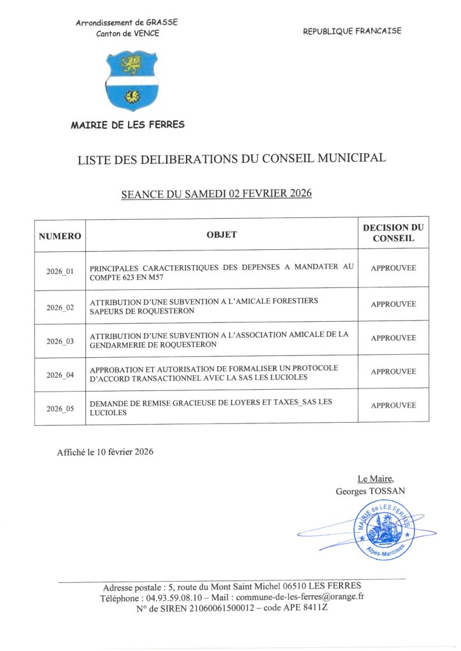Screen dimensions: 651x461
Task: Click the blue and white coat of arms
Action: click(x=131, y=81)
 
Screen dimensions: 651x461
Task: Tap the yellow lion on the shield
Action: click(x=131, y=64)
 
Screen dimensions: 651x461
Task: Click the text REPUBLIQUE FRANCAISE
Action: click(x=352, y=31)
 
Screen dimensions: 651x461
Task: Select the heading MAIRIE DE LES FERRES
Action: click(x=128, y=125)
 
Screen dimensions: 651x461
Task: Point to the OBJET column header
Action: click(x=222, y=235)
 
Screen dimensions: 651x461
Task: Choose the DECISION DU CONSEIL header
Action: click(x=393, y=233)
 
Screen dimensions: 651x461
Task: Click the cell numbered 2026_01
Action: click(x=60, y=271)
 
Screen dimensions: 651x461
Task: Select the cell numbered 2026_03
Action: click(x=60, y=341)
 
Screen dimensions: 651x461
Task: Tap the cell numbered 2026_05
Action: click(x=60, y=409)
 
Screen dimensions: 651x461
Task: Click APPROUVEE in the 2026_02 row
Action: click(x=393, y=305)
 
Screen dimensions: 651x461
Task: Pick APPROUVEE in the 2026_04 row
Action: click(x=393, y=372)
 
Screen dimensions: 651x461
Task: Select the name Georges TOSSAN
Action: click(x=370, y=491)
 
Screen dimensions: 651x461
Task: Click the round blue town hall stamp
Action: click(x=383, y=529)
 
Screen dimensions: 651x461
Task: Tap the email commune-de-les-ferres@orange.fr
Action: click(x=299, y=598)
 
